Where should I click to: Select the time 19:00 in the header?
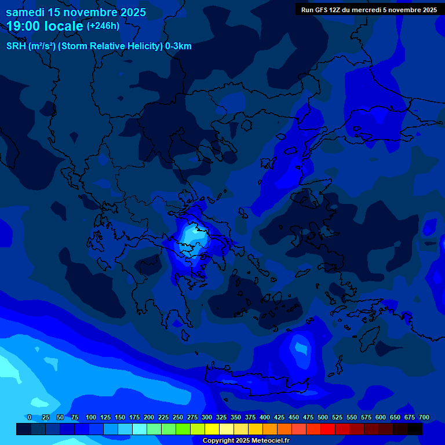point(27,26)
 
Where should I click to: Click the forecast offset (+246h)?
point(103,25)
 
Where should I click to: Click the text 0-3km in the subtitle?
point(178,46)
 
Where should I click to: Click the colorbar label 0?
point(30,417)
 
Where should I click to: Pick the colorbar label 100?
point(91,417)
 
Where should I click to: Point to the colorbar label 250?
point(178,417)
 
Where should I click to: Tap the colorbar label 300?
point(207,417)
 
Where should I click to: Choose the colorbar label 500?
point(323,417)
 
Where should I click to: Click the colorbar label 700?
point(424,417)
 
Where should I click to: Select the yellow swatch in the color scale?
point(212,429)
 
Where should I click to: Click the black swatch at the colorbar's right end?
point(415,429)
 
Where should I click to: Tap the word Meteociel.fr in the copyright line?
point(271,441)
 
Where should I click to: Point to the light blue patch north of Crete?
point(301,349)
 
